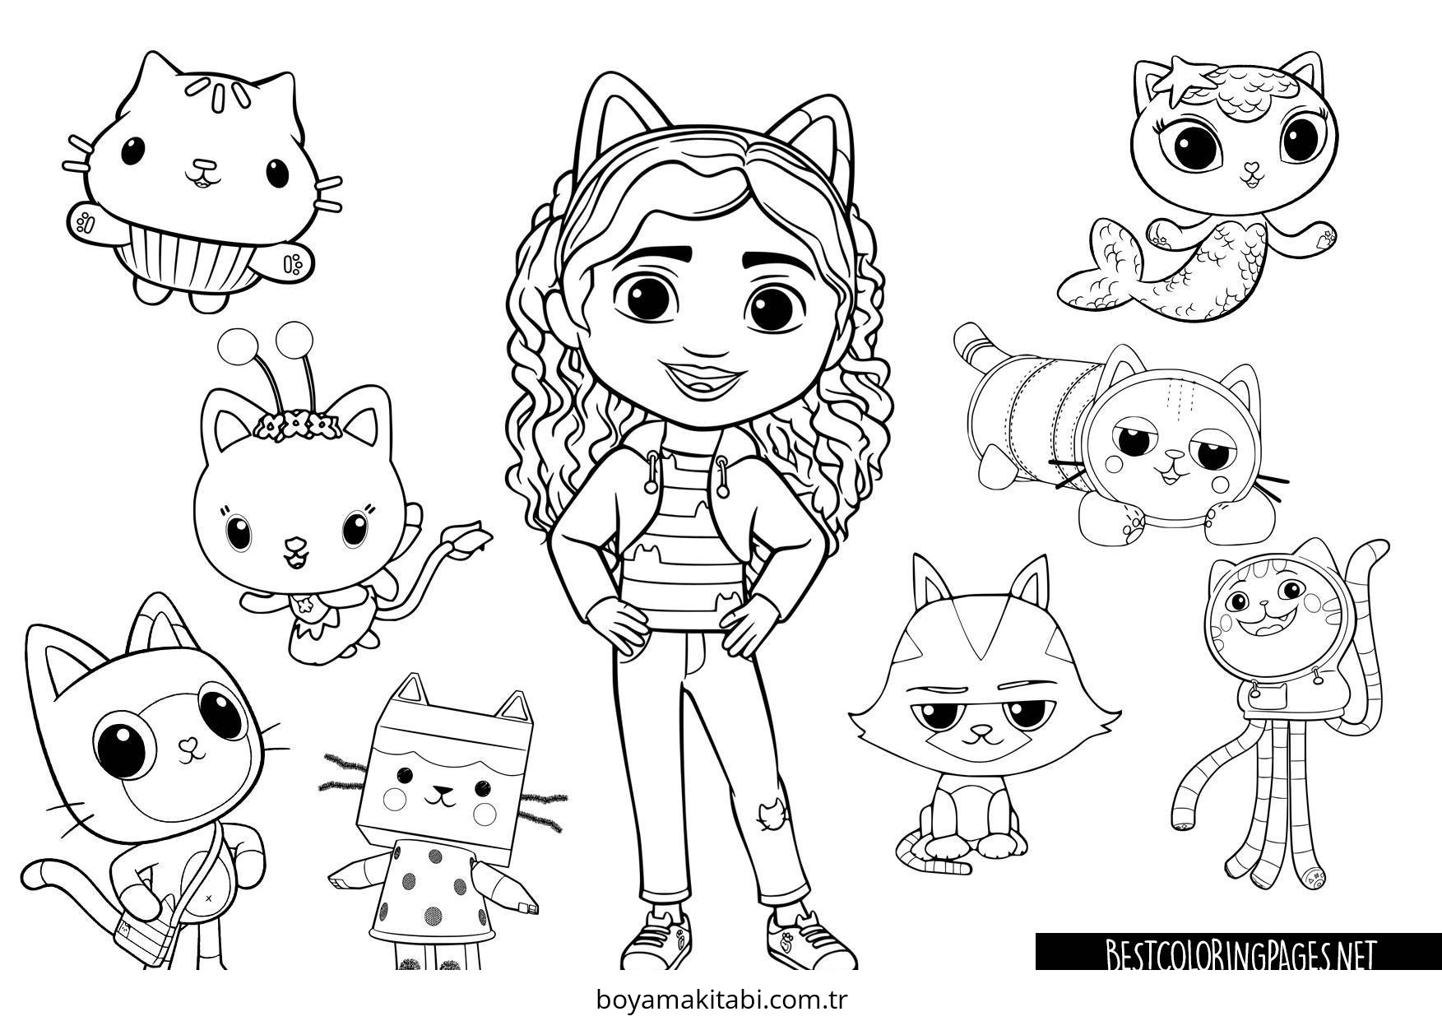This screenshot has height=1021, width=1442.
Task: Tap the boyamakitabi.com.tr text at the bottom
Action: click(x=721, y=1001)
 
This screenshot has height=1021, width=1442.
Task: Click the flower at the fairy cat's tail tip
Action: click(x=473, y=534)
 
